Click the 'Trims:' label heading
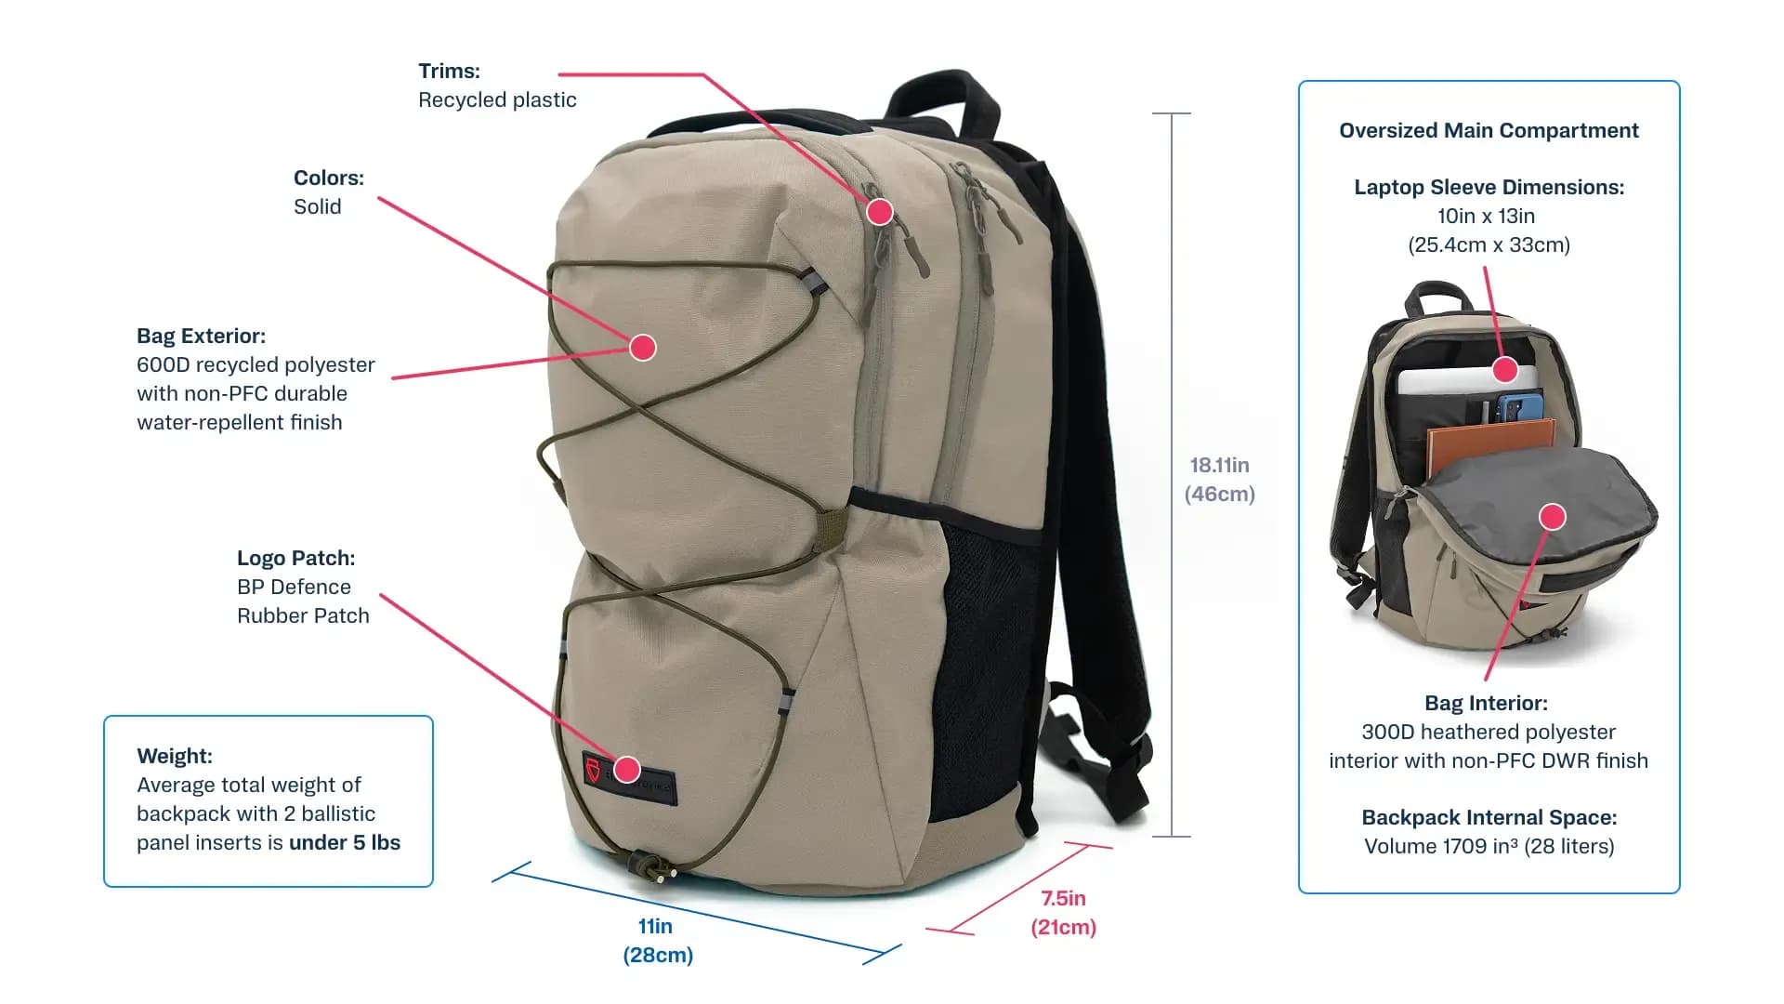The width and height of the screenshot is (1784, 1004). [449, 71]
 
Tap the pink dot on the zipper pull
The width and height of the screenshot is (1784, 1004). [880, 212]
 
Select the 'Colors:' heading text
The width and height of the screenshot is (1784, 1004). [329, 178]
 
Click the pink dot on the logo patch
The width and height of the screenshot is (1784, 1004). [627, 769]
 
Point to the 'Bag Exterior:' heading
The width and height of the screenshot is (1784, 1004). [201, 336]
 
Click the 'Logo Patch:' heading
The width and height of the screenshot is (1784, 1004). [295, 558]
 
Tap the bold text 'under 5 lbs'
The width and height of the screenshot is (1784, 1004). [345, 842]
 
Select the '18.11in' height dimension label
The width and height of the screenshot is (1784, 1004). [1219, 465]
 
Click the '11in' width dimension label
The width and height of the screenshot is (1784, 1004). [655, 926]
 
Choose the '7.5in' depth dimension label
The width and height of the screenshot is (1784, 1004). [1063, 898]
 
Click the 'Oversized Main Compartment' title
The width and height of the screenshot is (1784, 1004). [1489, 130]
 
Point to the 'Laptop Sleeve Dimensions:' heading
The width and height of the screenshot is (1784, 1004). [1489, 187]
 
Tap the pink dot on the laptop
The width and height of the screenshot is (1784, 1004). [1505, 370]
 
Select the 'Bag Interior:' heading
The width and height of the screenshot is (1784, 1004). [1486, 703]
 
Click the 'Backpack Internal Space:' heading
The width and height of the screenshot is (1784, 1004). [1489, 817]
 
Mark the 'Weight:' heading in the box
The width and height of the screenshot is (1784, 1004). [175, 756]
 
